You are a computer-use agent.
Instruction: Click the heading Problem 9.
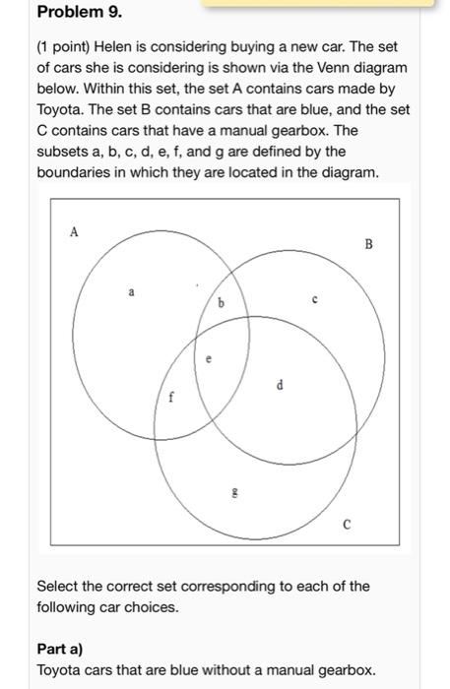(x=72, y=13)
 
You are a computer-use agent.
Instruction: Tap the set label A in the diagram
(x=73, y=232)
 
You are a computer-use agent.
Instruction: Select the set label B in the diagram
(x=369, y=243)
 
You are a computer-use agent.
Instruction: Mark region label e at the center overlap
(x=208, y=360)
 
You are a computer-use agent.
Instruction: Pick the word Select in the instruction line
(x=59, y=587)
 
